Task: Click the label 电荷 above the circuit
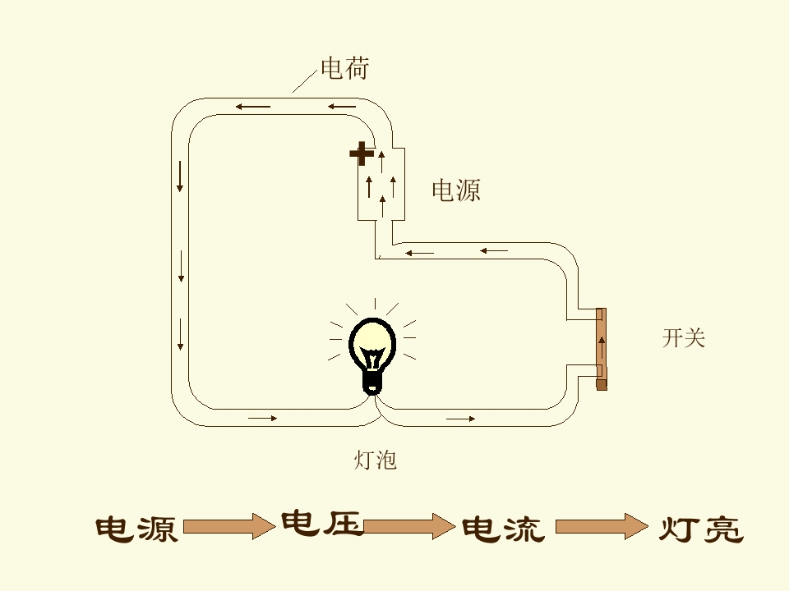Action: pos(344,69)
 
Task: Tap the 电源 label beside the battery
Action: pos(456,190)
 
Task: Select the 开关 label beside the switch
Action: pos(684,338)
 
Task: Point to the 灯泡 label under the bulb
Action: pos(376,460)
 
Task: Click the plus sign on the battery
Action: pos(362,153)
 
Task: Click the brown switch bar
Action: pos(602,349)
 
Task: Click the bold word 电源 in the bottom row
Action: pos(136,529)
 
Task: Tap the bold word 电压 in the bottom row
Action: pos(321,523)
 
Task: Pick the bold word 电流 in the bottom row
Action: pos(503,529)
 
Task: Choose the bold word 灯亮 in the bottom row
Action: pos(701,529)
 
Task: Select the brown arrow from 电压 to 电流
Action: pos(409,525)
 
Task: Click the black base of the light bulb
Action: pos(373,382)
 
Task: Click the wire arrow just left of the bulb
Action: pos(263,418)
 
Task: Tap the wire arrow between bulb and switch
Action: pos(460,419)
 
